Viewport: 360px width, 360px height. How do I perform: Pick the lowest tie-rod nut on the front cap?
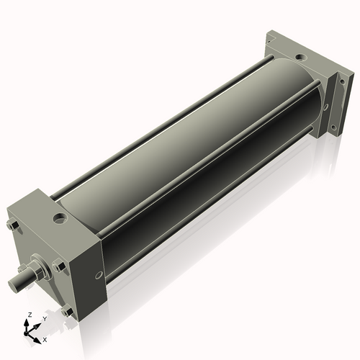pos(67,311)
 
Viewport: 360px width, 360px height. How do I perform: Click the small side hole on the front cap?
pos(98,275)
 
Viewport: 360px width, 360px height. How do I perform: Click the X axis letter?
pos(45,339)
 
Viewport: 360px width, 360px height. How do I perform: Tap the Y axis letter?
pos(45,318)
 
